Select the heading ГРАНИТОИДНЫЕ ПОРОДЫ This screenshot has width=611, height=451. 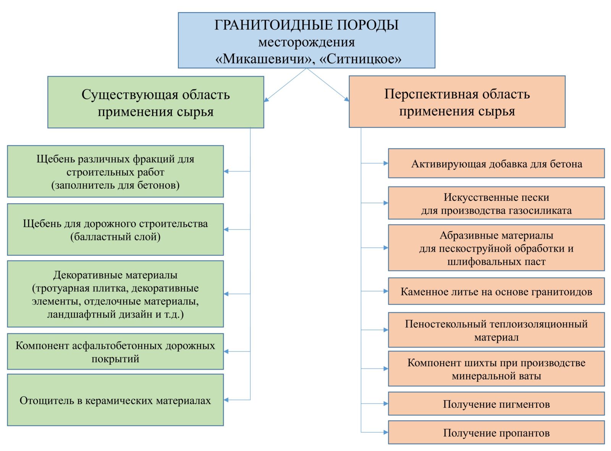tap(306, 25)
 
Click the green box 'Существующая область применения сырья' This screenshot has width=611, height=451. tap(156, 102)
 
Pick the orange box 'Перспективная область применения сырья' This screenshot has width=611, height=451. tap(457, 101)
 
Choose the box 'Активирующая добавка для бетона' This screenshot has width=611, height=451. tap(496, 163)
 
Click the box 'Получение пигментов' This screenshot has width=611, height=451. tap(496, 403)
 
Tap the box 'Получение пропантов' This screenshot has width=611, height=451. tap(496, 432)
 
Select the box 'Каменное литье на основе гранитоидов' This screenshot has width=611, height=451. tap(496, 291)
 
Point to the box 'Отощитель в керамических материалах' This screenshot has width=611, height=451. tap(115, 400)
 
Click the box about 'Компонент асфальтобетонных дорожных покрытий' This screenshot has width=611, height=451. tap(115, 352)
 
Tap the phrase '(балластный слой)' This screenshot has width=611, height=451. tap(115, 237)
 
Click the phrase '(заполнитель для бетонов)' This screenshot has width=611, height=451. tap(115, 185)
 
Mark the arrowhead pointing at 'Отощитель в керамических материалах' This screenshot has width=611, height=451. tap(226, 400)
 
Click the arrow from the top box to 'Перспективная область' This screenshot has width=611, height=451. tap(328, 85)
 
